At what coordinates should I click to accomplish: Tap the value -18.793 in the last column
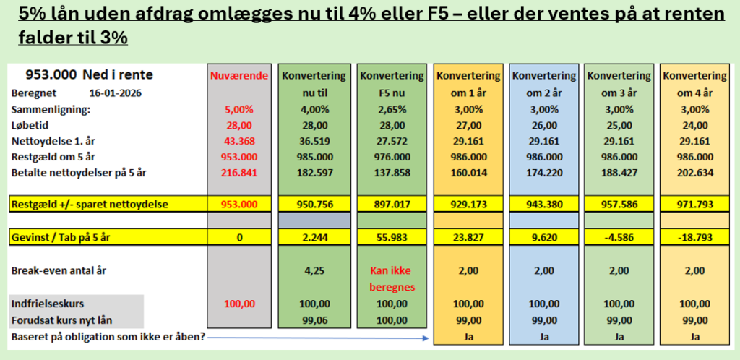(694, 236)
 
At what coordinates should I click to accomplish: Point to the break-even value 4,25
(314, 271)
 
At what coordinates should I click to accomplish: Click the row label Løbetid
(31, 125)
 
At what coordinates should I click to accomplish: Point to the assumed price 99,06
(314, 320)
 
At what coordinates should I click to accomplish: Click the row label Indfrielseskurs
(49, 304)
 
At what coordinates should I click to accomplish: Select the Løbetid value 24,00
(694, 125)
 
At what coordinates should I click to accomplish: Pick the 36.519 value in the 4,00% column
(314, 140)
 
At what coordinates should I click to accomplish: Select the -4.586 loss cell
(619, 236)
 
